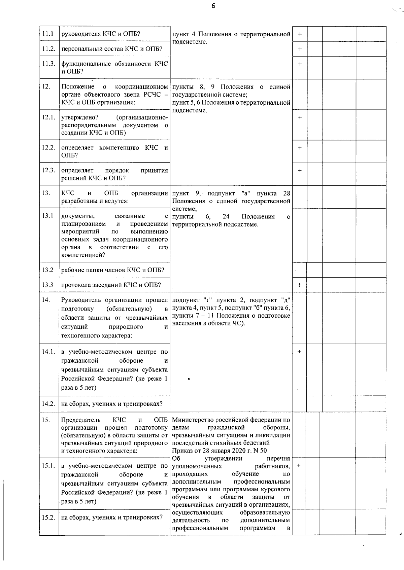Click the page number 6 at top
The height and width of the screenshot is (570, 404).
(213, 6)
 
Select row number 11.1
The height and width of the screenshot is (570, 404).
(48, 34)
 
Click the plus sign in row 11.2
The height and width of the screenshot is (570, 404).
(300, 49)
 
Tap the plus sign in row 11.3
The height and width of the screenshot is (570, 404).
(300, 64)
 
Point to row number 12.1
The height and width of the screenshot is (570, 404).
(48, 117)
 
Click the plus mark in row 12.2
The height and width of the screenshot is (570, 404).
(300, 148)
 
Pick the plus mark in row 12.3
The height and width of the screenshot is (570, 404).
(300, 171)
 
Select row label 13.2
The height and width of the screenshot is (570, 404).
(48, 270)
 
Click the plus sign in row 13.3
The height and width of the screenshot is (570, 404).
(300, 285)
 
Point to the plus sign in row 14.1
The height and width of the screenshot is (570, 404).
(300, 352)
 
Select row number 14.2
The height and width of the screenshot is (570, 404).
(48, 404)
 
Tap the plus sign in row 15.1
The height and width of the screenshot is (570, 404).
(299, 465)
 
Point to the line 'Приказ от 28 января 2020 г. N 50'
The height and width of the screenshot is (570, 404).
(219, 451)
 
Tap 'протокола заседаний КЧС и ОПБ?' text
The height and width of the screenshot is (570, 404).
(111, 285)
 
